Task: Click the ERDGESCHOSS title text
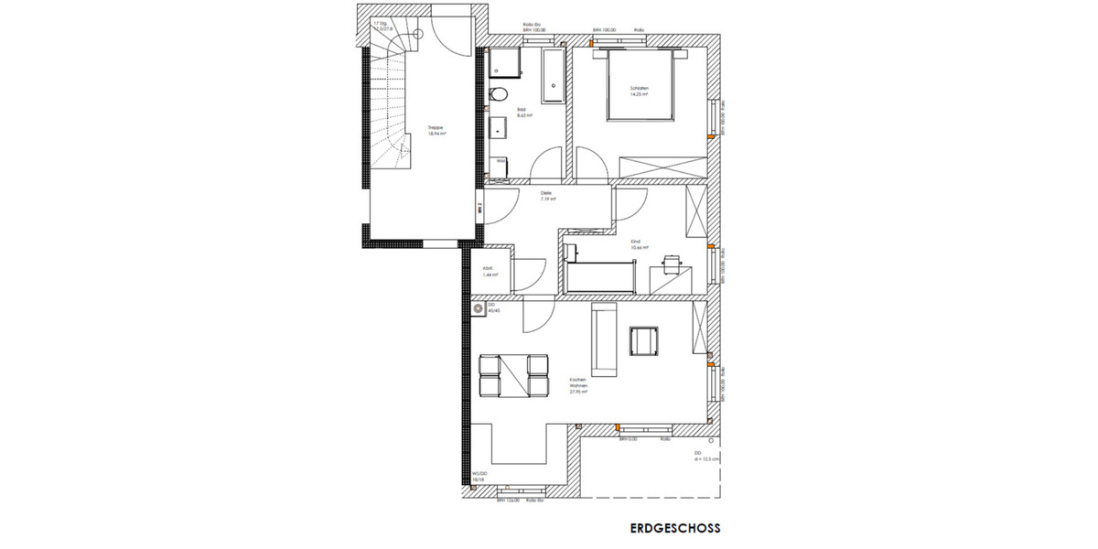coord(675,528)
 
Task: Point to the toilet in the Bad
coord(499,94)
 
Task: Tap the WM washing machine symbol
coord(501,164)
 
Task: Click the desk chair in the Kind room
coord(672,262)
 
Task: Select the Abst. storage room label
coord(489,272)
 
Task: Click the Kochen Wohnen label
coord(577,384)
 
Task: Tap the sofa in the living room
coord(604,340)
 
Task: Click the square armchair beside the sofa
coord(643,340)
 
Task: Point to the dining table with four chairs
coord(513,376)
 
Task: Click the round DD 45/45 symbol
coord(479,310)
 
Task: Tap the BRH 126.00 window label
coord(508,501)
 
